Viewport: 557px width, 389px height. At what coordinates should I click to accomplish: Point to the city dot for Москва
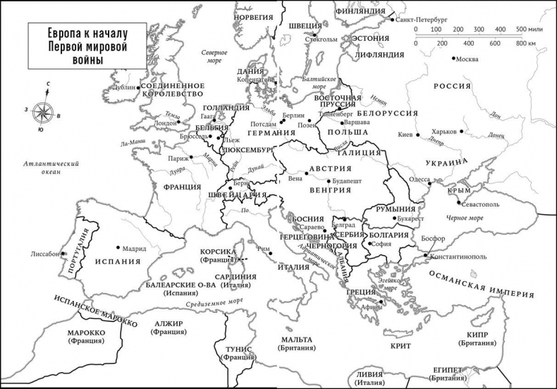click(452, 58)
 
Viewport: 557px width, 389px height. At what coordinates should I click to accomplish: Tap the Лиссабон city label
click(45, 254)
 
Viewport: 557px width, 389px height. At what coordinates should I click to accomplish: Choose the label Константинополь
click(458, 257)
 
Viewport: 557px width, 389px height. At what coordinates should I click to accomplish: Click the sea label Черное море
click(465, 218)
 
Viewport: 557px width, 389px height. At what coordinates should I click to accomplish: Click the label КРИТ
click(400, 346)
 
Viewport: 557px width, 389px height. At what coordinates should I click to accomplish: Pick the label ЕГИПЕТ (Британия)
click(449, 373)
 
